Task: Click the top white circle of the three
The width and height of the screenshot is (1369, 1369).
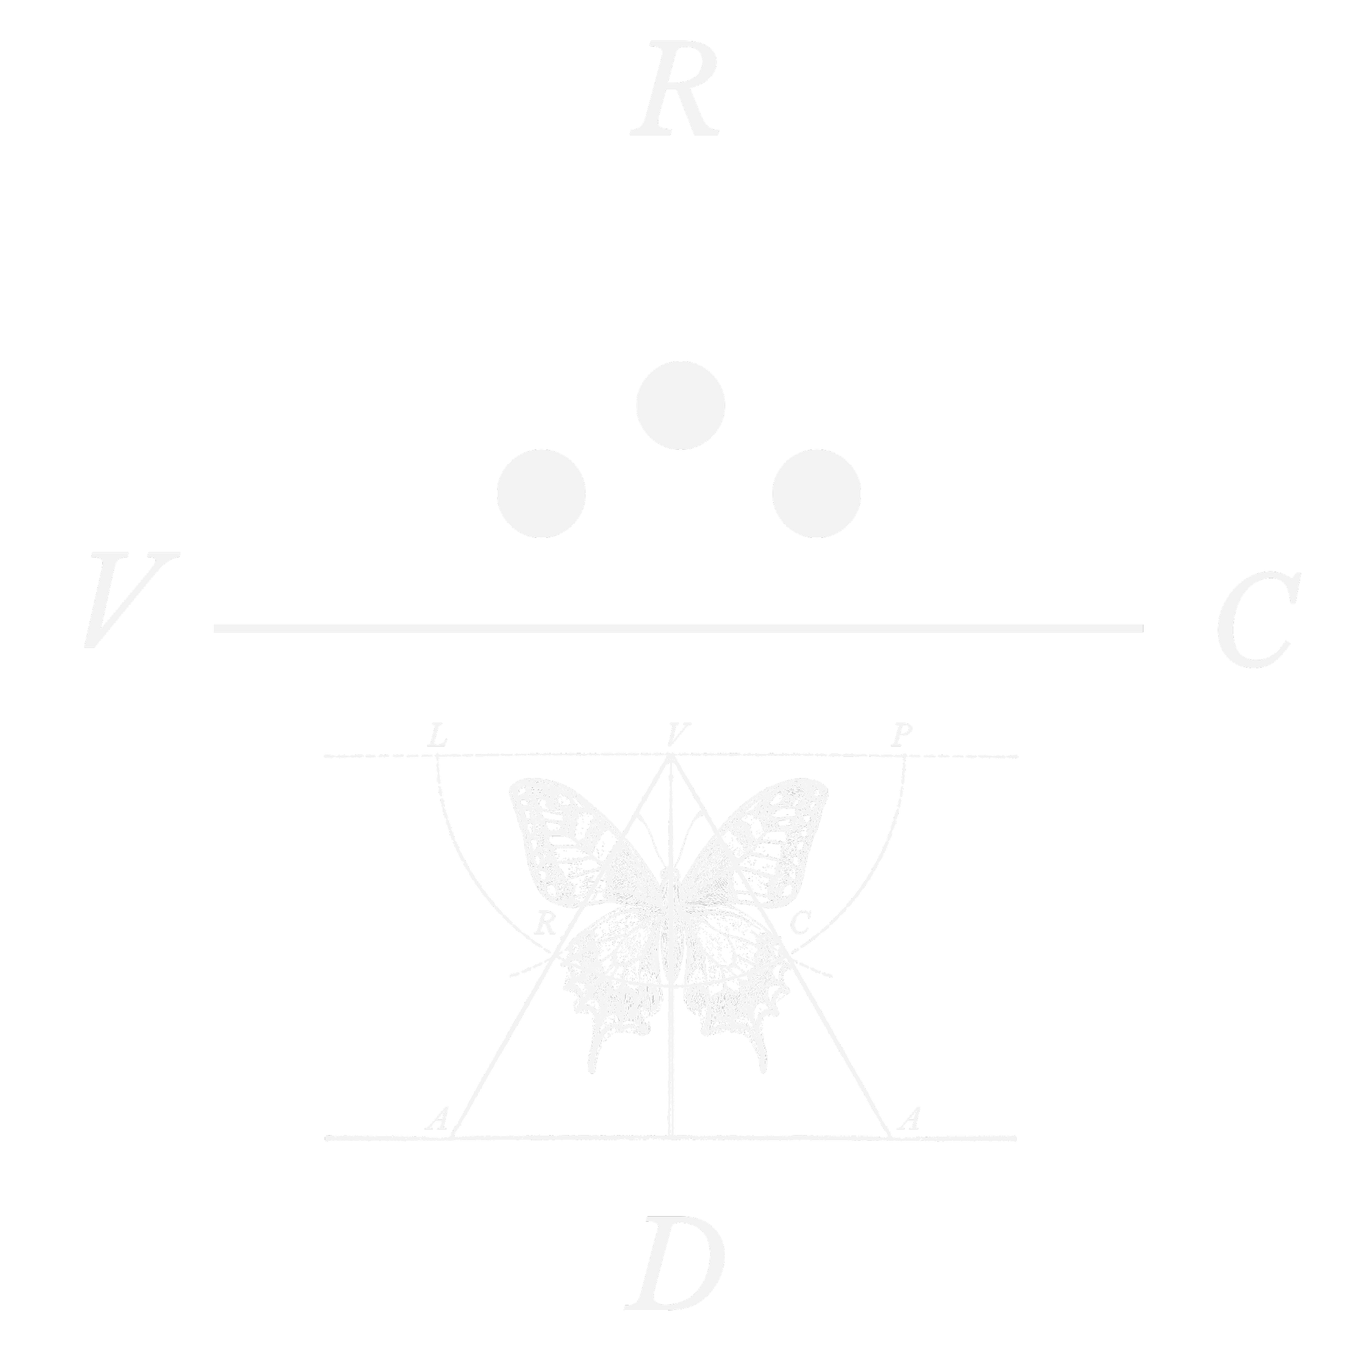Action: pos(680,405)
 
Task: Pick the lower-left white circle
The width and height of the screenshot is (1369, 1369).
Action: pos(542,493)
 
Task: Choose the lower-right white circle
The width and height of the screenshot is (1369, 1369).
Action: pos(816,493)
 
